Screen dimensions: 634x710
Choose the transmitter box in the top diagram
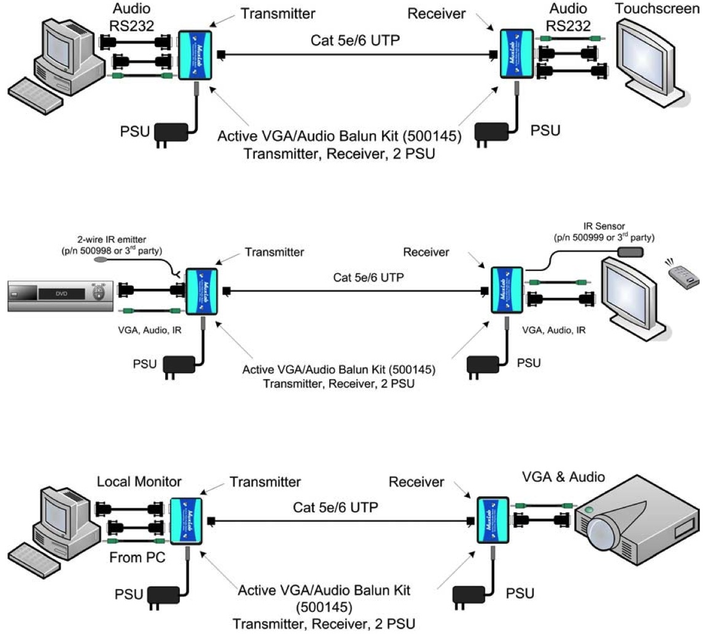click(x=194, y=55)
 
